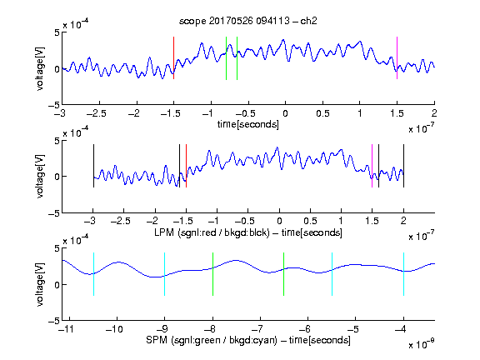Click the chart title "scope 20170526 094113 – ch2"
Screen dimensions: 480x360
tap(248, 21)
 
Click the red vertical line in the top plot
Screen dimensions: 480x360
tap(173, 58)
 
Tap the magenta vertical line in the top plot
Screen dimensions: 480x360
tap(397, 58)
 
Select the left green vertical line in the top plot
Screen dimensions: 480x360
tap(226, 58)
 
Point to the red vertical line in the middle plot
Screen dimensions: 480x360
tap(186, 166)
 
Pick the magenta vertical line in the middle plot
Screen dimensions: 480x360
tap(372, 166)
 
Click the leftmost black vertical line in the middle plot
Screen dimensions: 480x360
tap(93, 166)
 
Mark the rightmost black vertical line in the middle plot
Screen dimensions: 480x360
tap(403, 166)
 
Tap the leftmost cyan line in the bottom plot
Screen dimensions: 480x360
tap(93, 274)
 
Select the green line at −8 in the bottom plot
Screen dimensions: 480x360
tap(212, 274)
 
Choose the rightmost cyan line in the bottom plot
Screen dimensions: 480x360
tap(403, 274)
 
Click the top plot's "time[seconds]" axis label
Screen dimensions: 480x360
tap(248, 125)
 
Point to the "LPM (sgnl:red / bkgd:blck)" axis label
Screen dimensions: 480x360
tap(212, 232)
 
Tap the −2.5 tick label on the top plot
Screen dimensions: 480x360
tap(97, 113)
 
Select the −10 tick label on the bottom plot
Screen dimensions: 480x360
tap(114, 329)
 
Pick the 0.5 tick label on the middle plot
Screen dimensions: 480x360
tap(310, 221)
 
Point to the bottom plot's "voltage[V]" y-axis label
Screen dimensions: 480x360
tap(40, 284)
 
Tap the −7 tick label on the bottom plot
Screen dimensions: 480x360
tap(259, 329)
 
